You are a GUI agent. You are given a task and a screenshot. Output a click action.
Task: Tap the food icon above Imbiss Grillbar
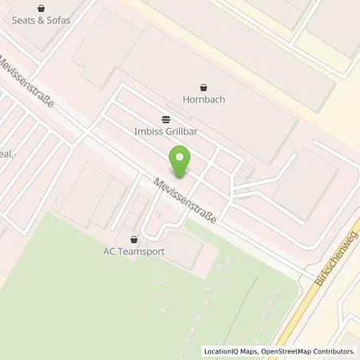[165, 115]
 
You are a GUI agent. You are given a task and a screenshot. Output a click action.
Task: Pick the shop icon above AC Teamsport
[134, 238]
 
